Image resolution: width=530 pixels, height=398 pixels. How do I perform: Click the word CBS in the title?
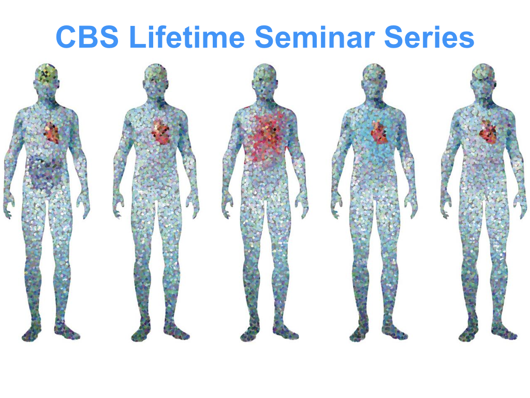pyautogui.click(x=87, y=37)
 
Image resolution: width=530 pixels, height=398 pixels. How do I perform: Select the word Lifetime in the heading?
pyautogui.click(x=187, y=36)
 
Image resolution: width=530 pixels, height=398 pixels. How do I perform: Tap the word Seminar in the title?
pyautogui.click(x=315, y=37)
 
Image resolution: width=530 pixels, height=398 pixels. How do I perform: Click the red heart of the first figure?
pyautogui.click(x=51, y=133)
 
